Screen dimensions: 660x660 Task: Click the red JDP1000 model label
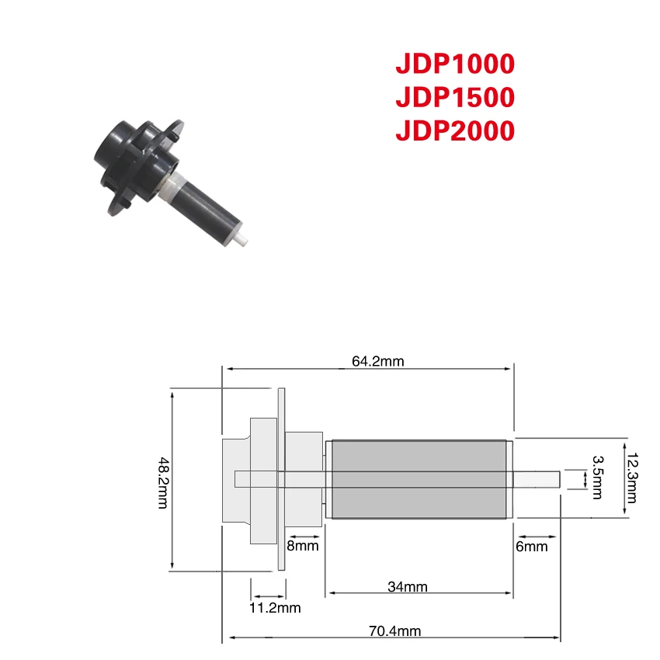455,64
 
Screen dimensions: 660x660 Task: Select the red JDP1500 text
455,97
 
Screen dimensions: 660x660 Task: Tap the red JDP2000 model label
455,130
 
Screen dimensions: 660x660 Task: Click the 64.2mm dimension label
377,361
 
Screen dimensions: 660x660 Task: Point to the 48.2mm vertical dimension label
163,483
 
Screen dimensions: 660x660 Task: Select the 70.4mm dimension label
394,631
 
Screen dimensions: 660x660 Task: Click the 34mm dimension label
407,586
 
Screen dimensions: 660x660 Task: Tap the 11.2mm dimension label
275,608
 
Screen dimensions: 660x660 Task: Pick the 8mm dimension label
302,546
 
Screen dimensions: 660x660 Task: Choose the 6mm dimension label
532,547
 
